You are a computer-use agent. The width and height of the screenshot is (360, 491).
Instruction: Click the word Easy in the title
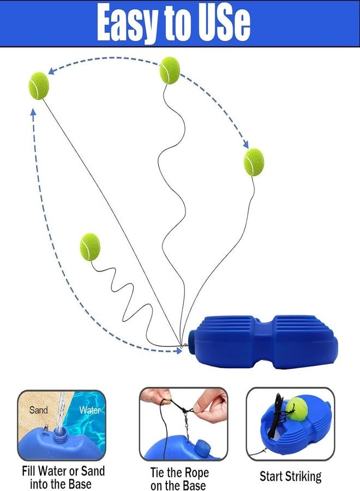126,23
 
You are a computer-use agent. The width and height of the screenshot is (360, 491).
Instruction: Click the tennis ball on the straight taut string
39,86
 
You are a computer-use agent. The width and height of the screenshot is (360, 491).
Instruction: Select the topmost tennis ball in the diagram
170,70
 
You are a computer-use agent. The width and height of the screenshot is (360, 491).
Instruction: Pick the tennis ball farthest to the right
254,162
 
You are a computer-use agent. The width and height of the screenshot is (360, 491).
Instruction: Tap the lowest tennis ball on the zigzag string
90,247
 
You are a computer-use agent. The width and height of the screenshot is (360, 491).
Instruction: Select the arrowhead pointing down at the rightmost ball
246,145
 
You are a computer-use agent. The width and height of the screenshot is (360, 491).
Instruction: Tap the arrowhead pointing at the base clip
179,351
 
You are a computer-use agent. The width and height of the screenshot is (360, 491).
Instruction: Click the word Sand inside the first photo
39,410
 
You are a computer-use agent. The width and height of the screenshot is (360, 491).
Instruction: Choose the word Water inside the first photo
90,410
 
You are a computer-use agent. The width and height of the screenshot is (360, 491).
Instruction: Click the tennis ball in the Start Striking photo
296,409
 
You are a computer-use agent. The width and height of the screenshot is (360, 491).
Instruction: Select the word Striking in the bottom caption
303,476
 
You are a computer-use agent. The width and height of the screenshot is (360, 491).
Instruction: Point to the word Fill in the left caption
28,471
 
